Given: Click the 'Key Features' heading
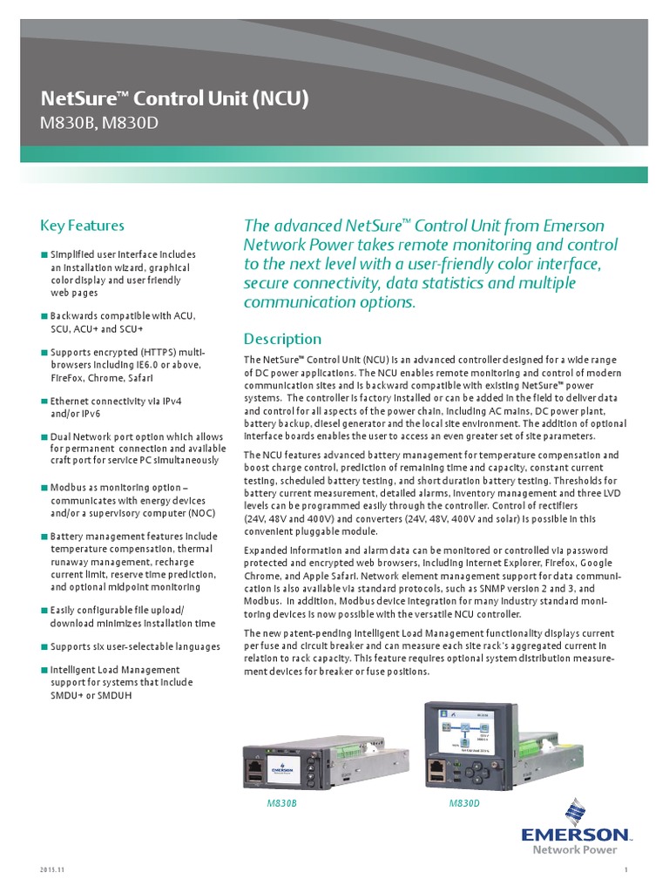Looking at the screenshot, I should click(82, 226).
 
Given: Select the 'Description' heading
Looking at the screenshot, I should click(281, 339).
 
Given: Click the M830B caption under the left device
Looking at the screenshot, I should click(281, 803).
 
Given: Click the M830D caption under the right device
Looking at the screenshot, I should click(464, 803).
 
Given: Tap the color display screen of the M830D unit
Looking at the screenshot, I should click(470, 729).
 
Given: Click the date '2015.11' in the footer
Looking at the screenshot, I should click(51, 871).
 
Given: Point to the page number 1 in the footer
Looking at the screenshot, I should click(625, 871).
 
